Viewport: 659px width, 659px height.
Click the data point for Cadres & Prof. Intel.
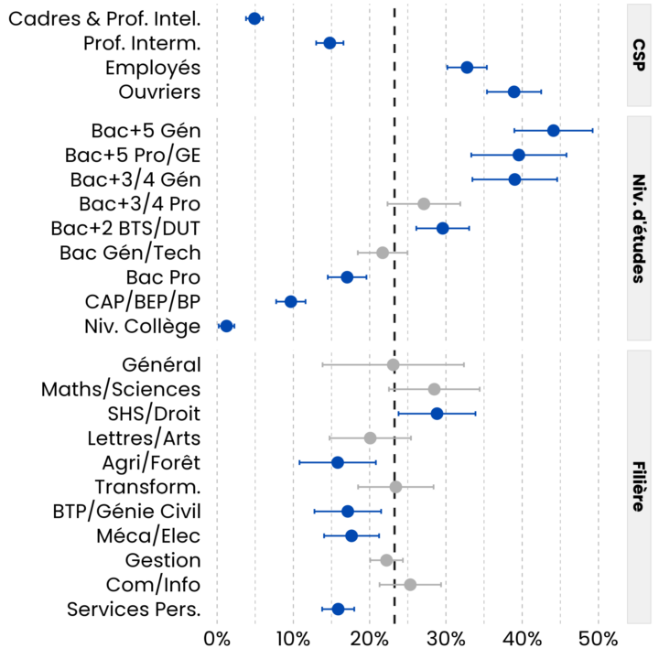254,18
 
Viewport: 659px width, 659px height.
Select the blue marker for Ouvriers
514,92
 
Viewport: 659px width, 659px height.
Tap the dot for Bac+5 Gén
554,130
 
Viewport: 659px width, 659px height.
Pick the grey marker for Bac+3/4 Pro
424,203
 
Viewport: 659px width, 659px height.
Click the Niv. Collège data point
227,326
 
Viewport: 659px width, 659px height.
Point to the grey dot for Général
394,364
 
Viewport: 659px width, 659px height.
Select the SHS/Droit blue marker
437,414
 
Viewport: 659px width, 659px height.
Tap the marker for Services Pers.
338,609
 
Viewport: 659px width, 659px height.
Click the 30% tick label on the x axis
447,638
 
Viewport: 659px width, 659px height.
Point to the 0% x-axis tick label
217,638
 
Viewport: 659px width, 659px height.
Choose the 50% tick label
599,638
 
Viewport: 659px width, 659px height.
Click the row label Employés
153,68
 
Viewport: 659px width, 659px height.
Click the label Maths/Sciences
121,389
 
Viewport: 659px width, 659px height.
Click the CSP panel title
638,55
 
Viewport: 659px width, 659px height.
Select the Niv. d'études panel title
638,228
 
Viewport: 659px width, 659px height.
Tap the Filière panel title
638,486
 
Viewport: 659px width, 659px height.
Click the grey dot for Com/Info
410,584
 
